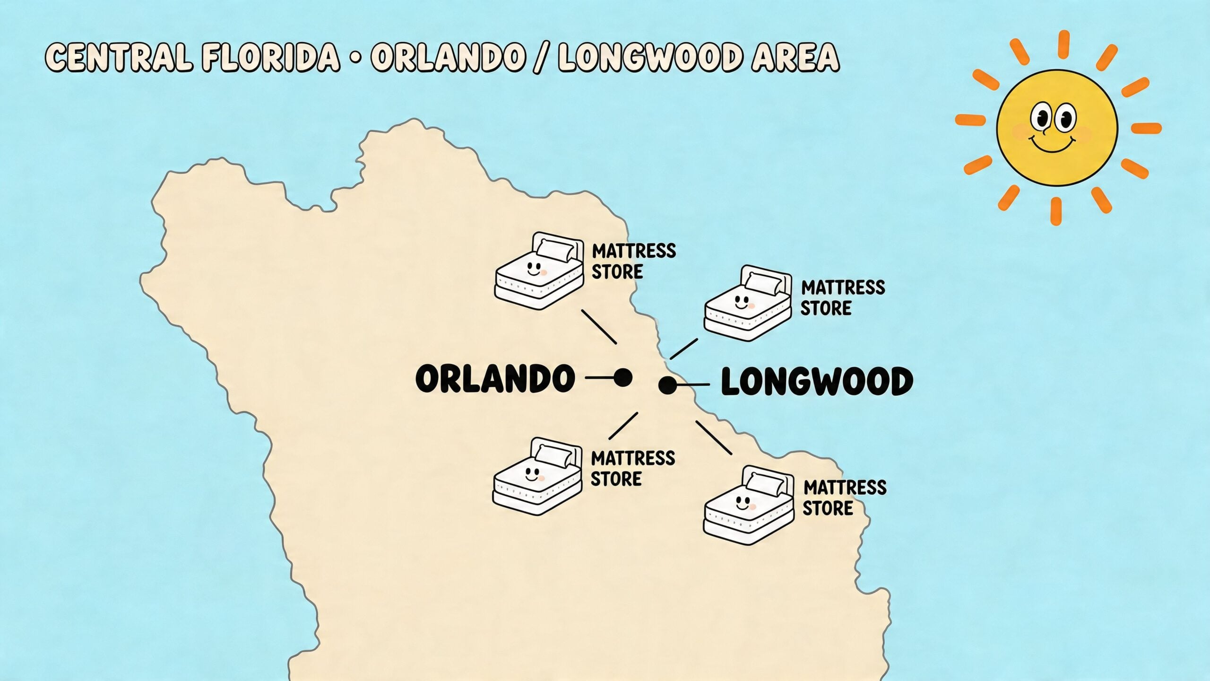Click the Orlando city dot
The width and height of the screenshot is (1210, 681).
pyautogui.click(x=622, y=377)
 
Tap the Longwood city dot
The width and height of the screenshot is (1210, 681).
pyautogui.click(x=667, y=385)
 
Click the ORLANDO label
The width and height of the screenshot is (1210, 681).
pyautogui.click(x=495, y=378)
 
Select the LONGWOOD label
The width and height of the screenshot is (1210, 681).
pyautogui.click(x=817, y=382)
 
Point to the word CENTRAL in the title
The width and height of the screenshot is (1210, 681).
pyautogui.click(x=119, y=57)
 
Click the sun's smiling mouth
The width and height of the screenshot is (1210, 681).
pyautogui.click(x=1052, y=144)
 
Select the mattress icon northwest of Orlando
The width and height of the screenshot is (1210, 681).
pyautogui.click(x=539, y=271)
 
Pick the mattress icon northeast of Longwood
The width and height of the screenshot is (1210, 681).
pyautogui.click(x=748, y=303)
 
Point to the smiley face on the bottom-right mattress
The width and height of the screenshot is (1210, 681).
pyautogui.click(x=743, y=503)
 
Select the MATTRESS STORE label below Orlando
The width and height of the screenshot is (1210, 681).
pyautogui.click(x=633, y=469)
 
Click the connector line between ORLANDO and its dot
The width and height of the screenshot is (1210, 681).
pyautogui.click(x=599, y=377)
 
